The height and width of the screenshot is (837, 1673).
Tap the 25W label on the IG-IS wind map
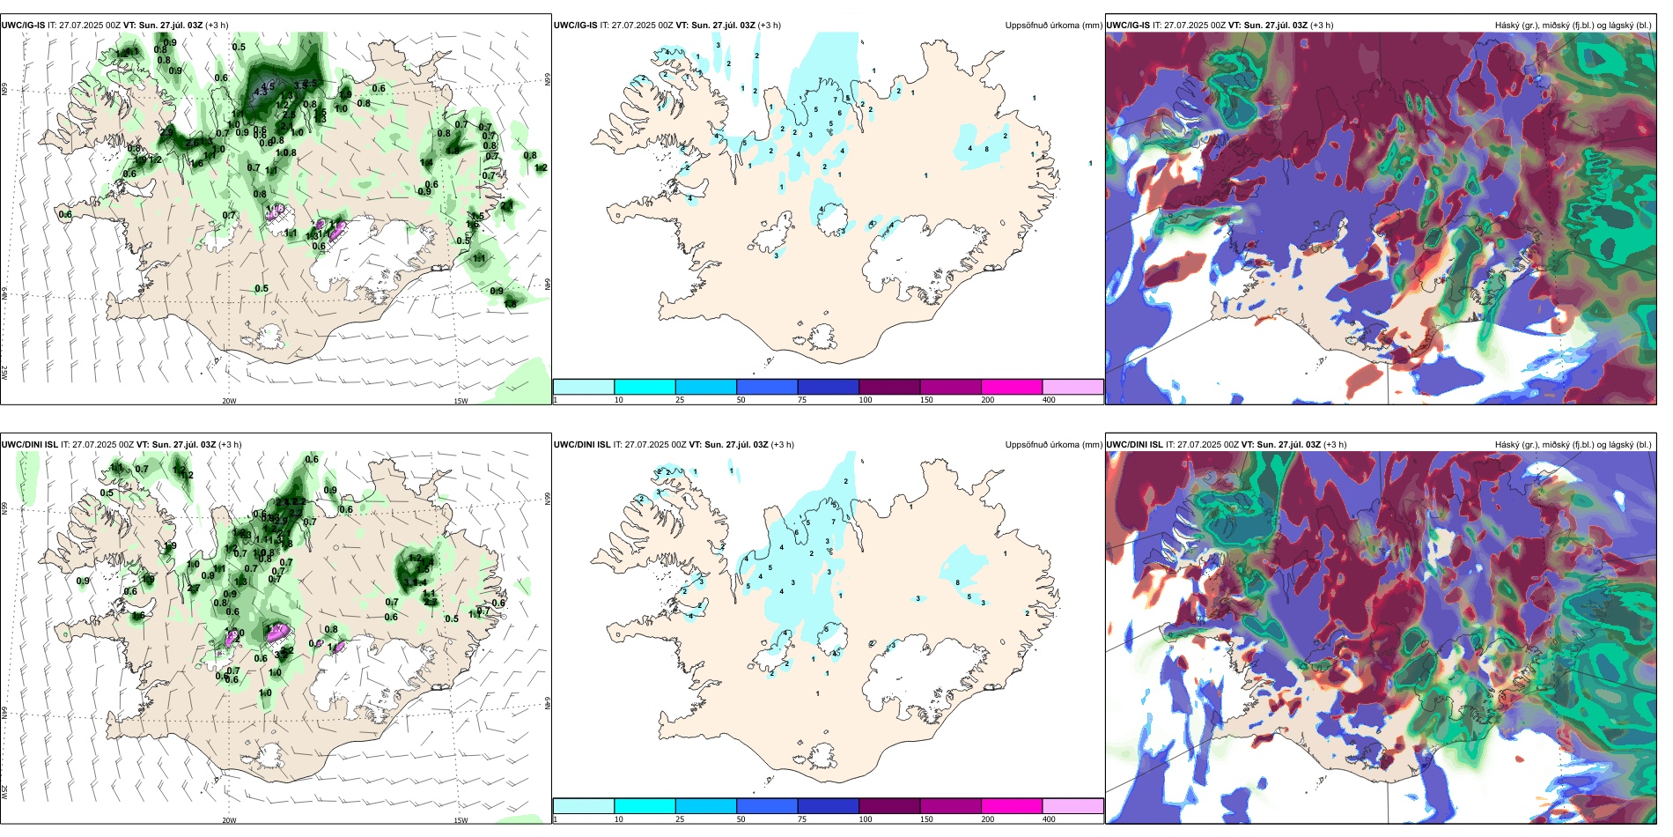coord(4,373)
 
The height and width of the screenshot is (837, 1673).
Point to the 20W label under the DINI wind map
coord(229,820)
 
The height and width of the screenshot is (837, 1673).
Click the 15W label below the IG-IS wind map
coord(461,401)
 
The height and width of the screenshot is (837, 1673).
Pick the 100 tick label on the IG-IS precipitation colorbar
coord(866,400)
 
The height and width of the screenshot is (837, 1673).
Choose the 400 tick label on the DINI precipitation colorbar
coord(1049,819)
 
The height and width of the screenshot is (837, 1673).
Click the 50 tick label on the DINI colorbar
coord(741,819)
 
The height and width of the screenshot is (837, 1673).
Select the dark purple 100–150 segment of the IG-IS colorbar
coord(889,387)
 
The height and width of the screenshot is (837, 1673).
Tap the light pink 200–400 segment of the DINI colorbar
coord(1072,806)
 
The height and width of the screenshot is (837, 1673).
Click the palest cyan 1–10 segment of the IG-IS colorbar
coord(584,387)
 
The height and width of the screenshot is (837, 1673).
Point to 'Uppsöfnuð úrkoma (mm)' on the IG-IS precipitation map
coord(1053,26)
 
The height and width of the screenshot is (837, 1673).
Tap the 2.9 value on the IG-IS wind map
coord(166,132)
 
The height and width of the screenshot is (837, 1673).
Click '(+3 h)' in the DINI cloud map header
coord(1335,445)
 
